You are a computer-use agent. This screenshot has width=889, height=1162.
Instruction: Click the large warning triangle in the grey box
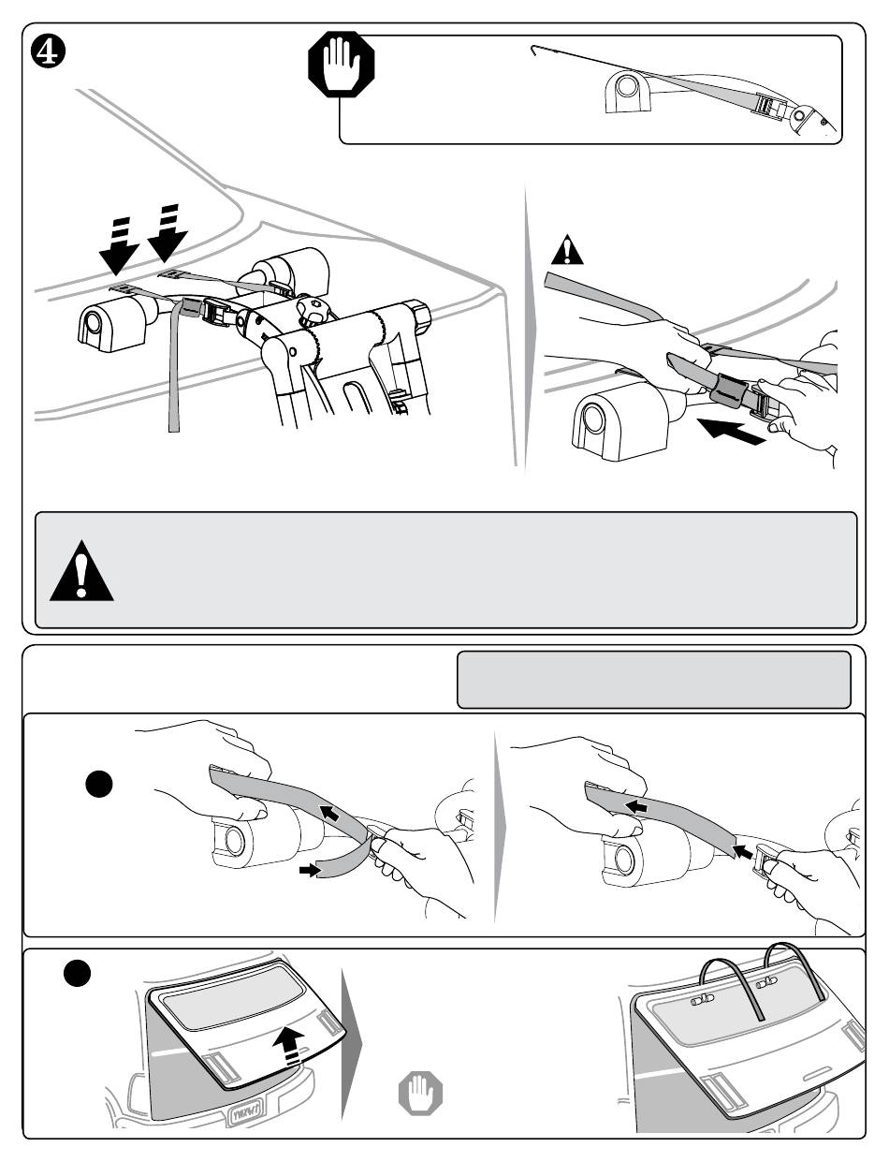(x=81, y=571)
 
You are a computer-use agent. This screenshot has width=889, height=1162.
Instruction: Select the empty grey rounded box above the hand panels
(x=653, y=680)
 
